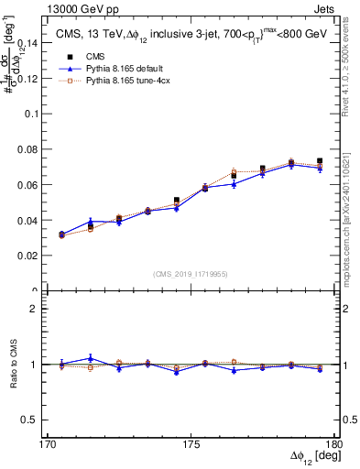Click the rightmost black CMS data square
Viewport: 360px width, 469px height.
(320, 161)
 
